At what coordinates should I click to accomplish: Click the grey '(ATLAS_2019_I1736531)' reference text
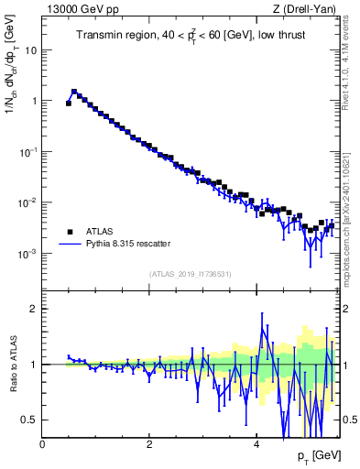click(x=191, y=274)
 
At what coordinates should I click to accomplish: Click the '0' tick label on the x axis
click(x=43, y=444)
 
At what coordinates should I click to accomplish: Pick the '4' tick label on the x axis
click(x=256, y=444)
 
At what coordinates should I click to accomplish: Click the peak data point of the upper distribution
click(x=74, y=92)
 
